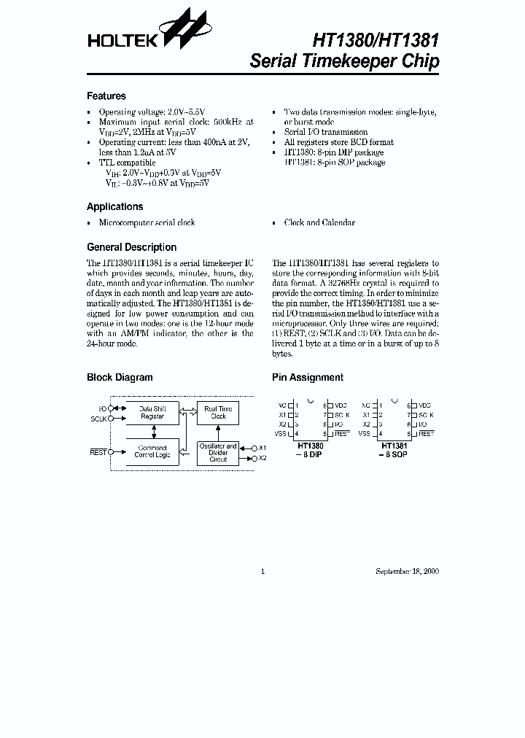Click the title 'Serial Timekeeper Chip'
coord(344,61)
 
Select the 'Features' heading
coord(106,96)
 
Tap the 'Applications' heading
coord(114,206)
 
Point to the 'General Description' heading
coord(131,247)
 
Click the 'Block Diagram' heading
coord(120,378)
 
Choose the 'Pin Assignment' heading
coord(307,378)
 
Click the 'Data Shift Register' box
coord(152,413)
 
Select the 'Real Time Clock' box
coord(218,413)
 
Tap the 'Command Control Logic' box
coord(152,451)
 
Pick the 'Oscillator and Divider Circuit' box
coord(218,453)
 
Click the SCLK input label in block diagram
coord(98,419)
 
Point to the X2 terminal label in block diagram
coord(262,458)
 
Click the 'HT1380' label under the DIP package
coord(310,445)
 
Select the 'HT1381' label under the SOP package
coord(394,445)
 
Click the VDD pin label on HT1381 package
coord(424,405)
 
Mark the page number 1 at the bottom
coord(262,572)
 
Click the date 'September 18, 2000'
coord(407,572)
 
